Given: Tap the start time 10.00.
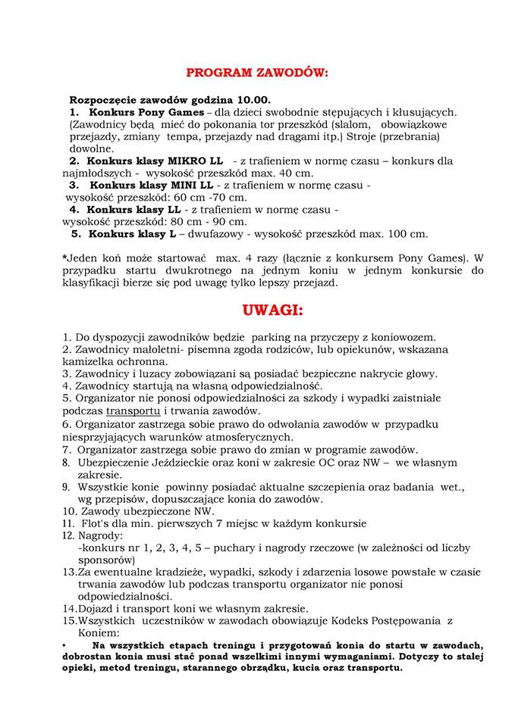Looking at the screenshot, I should [256, 100].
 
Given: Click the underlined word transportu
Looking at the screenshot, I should [133, 410].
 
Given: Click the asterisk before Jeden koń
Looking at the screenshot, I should [64, 257].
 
